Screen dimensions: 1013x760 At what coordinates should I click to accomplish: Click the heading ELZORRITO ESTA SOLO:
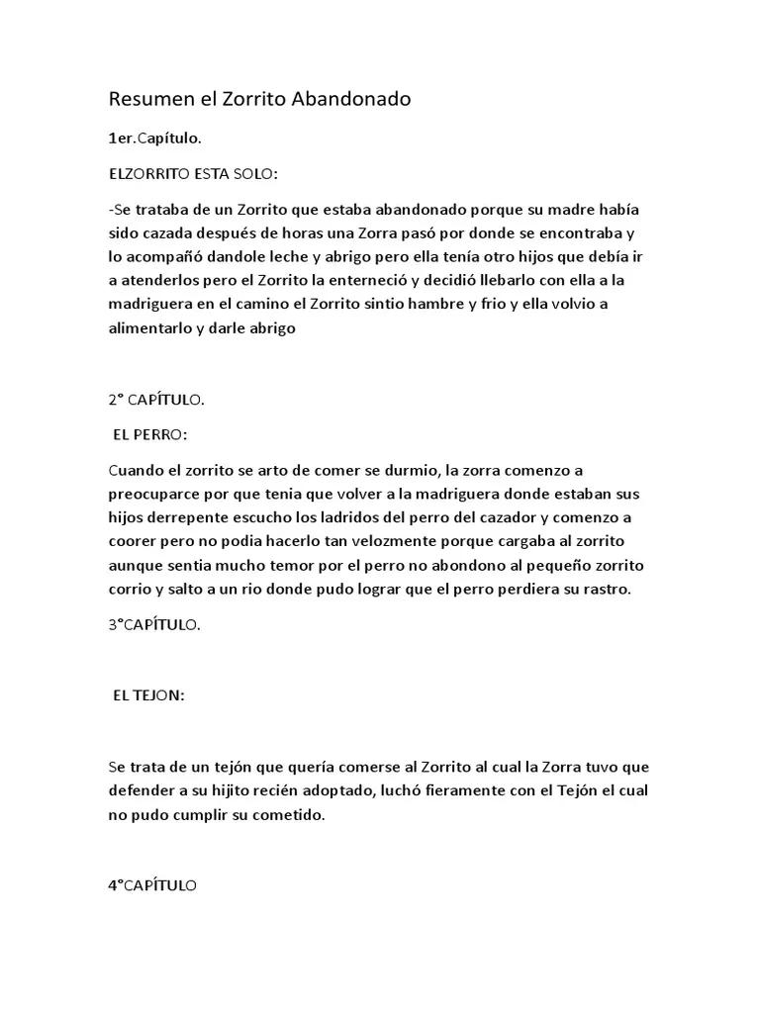point(193,174)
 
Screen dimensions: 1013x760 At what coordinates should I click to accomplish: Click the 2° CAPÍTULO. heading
point(156,400)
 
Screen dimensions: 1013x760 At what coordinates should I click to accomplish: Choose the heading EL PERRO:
point(150,434)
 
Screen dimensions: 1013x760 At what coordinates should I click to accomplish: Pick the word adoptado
point(329,790)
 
